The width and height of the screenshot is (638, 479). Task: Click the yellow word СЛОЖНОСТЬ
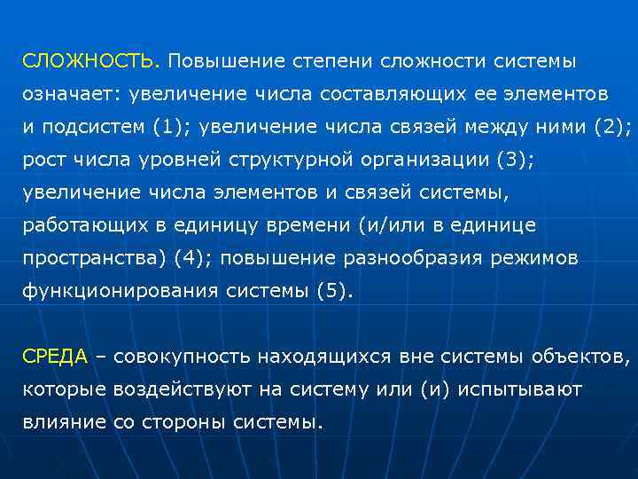[x=89, y=63]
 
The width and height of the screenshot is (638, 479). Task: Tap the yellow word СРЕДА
[x=55, y=357]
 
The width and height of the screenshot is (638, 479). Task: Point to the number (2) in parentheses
[x=611, y=127]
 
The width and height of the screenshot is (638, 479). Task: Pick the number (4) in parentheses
[x=187, y=258]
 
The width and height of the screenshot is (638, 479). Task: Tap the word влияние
[x=63, y=422]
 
